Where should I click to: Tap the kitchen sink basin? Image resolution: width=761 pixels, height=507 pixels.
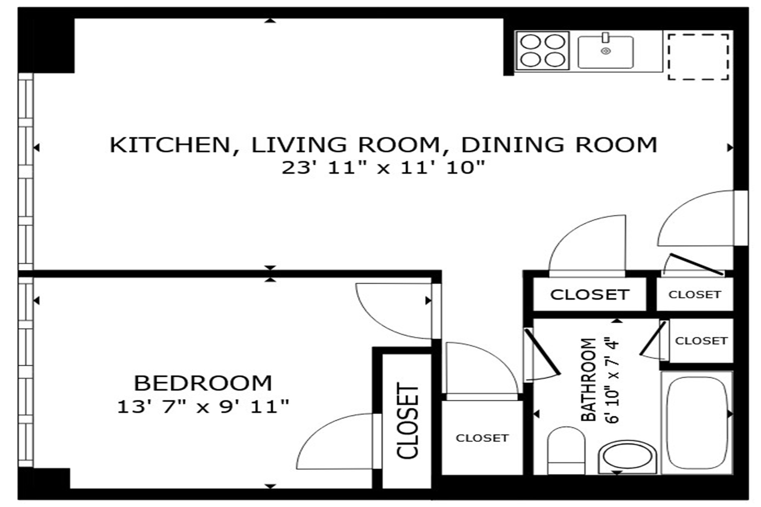click(605, 52)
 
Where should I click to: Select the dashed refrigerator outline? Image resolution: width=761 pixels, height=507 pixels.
click(698, 57)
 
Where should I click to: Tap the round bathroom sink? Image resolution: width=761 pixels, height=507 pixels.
click(627, 457)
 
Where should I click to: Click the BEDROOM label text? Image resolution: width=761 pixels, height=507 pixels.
click(203, 383)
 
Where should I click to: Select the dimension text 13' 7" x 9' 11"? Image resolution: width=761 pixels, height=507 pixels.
click(203, 407)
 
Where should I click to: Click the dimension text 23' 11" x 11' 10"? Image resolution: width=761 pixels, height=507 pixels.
click(383, 167)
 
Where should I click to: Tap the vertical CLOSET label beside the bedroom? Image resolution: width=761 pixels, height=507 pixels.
click(407, 421)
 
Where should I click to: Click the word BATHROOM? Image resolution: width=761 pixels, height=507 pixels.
click(588, 379)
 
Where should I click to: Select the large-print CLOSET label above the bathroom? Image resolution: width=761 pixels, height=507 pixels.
click(589, 295)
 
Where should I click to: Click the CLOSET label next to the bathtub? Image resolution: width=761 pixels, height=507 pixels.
click(701, 341)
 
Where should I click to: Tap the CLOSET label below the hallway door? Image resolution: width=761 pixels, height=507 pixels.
click(482, 438)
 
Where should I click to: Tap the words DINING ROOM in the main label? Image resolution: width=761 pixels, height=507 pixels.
click(559, 145)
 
